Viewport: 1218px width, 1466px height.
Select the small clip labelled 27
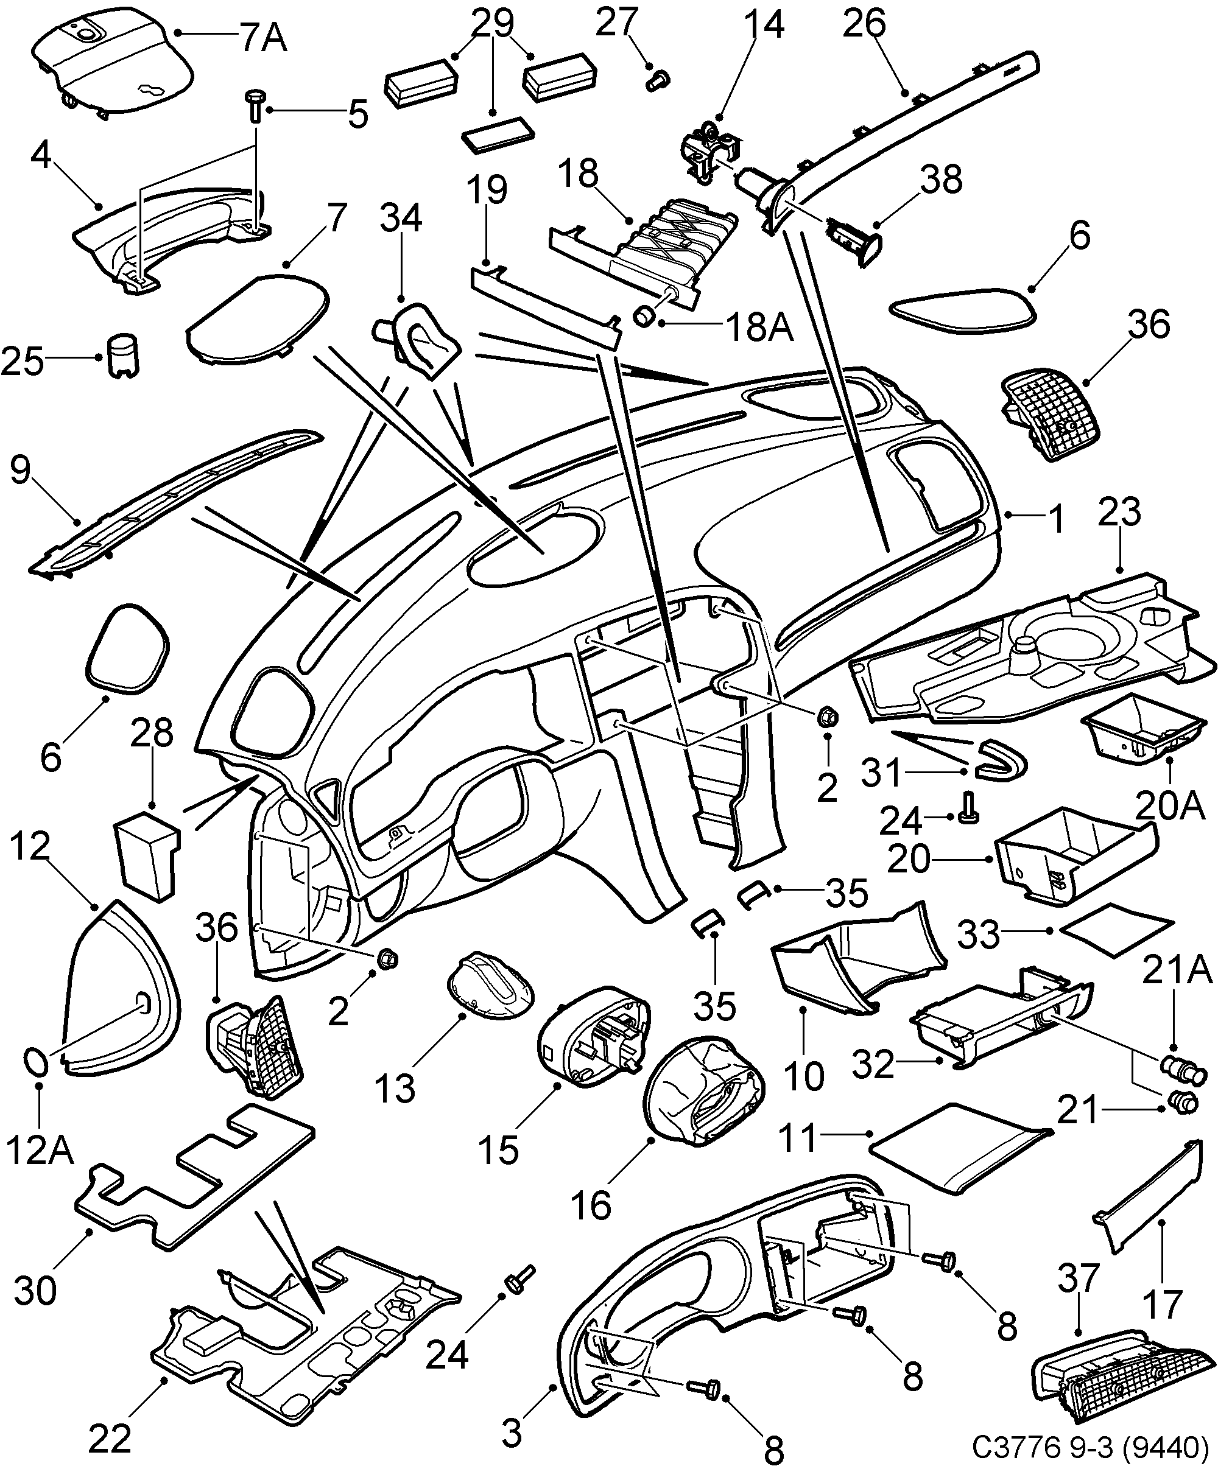pyautogui.click(x=657, y=78)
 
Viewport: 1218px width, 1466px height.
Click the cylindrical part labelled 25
pyautogui.click(x=124, y=355)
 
